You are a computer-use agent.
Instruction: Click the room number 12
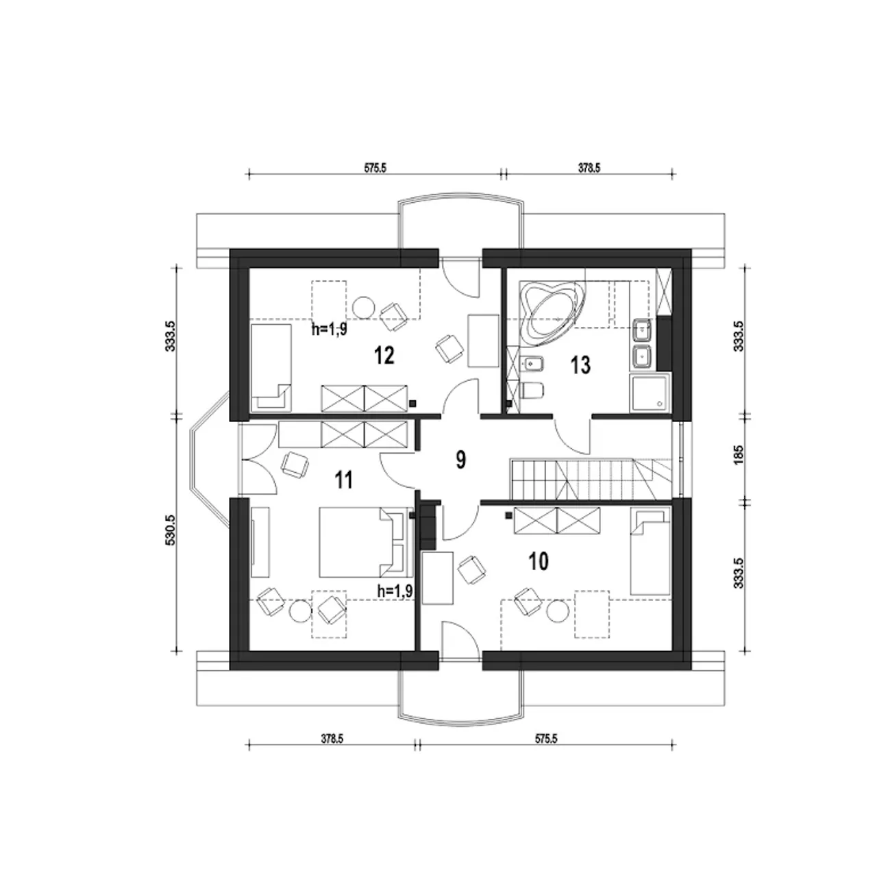[384, 355]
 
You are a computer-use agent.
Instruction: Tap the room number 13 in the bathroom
[580, 365]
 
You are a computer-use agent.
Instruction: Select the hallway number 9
[460, 460]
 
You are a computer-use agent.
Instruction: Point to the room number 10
[539, 563]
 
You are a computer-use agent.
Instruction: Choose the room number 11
[344, 480]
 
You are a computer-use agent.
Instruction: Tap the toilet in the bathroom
[532, 390]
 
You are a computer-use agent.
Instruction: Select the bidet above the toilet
[531, 363]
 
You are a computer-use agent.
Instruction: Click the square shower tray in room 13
[650, 393]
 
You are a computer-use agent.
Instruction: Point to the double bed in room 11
[362, 542]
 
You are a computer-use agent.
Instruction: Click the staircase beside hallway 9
[591, 479]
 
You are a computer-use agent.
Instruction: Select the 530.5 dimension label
[170, 529]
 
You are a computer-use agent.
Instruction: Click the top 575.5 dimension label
[375, 168]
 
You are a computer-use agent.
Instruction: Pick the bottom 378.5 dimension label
[332, 752]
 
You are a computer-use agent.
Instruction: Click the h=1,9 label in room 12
[330, 329]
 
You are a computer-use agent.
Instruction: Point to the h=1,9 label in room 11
[395, 591]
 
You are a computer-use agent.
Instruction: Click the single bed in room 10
[650, 552]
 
